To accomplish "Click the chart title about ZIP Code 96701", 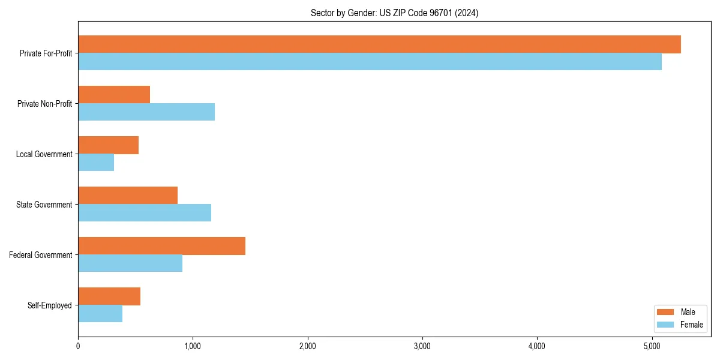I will [x=394, y=13].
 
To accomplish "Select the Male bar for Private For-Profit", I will [x=379, y=44].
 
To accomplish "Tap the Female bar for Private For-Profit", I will [x=370, y=62].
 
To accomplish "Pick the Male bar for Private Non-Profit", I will [x=114, y=95].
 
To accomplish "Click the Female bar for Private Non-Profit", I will [x=146, y=112].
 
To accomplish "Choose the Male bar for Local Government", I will [x=108, y=145].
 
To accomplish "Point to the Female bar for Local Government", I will [x=96, y=163].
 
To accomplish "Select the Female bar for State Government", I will [x=145, y=213].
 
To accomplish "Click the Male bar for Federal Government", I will [x=161, y=246].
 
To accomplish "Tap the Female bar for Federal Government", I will [x=130, y=263].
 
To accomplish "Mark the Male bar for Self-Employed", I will [x=109, y=296].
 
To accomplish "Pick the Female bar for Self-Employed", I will [x=100, y=314].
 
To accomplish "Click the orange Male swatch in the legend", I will [x=666, y=312].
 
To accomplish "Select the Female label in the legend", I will [x=691, y=325].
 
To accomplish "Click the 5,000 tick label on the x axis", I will [x=652, y=346].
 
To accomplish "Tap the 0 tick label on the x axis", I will [x=78, y=346].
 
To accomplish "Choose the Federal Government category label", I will [x=41, y=255].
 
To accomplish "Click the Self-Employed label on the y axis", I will [x=50, y=305].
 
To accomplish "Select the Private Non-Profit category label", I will [x=44, y=104].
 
